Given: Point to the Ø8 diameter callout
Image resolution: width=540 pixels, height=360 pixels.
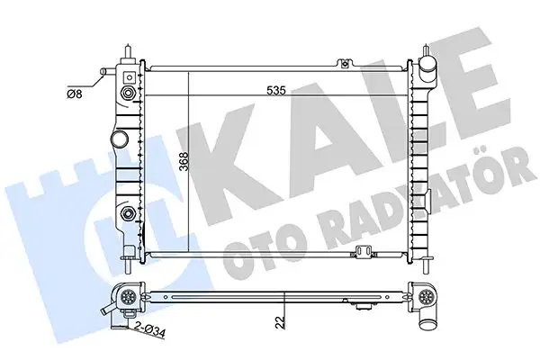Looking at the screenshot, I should (75, 89).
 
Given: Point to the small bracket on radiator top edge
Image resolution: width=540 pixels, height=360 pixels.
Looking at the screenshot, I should (344, 62).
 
